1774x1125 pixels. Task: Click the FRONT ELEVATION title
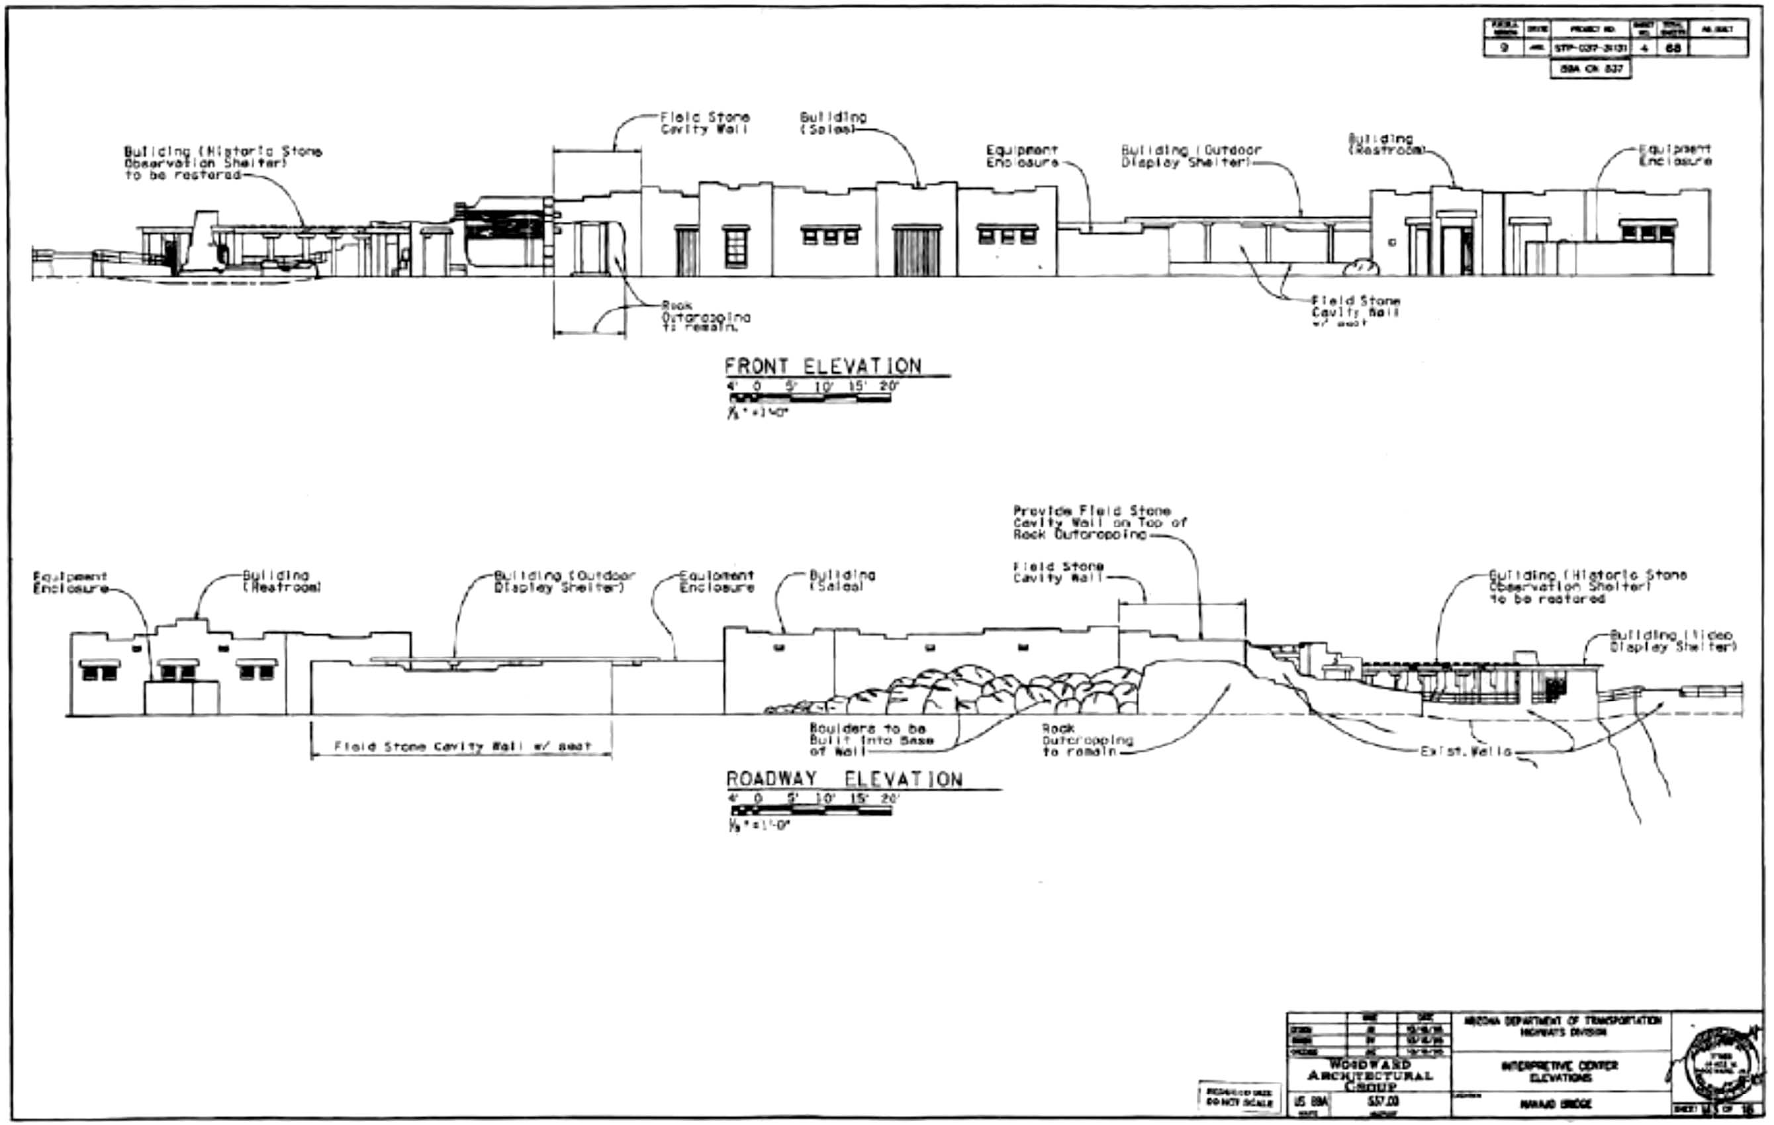[x=822, y=366]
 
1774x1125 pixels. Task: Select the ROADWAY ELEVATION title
[x=844, y=779]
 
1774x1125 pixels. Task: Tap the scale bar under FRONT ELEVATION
[x=809, y=398]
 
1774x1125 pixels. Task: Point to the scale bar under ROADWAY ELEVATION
[x=810, y=810]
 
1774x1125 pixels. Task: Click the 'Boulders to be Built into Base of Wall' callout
[x=871, y=740]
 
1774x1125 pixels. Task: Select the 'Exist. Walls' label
[x=1466, y=752]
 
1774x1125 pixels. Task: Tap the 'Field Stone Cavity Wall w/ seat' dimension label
[x=462, y=746]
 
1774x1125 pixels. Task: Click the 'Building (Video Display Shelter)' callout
[x=1672, y=641]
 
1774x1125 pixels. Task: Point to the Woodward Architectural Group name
[x=1370, y=1075]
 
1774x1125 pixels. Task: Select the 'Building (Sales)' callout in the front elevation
[x=833, y=123]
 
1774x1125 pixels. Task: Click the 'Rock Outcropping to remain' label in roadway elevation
[x=1087, y=740]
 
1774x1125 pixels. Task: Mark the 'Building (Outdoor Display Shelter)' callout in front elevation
[x=1191, y=156]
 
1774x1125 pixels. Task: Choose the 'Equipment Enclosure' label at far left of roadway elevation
[x=70, y=582]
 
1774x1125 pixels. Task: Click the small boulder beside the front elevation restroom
[x=1360, y=268]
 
